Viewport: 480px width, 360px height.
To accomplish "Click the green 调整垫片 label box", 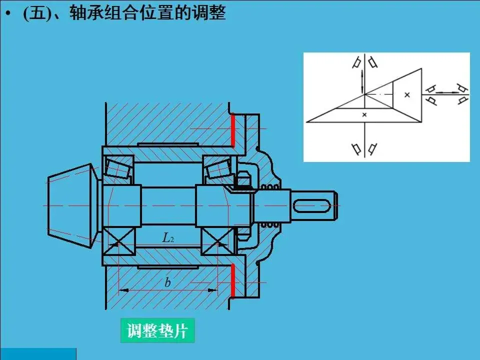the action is click(157, 330).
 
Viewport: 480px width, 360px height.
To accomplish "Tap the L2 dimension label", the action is click(168, 238).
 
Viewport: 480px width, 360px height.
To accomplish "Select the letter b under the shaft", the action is click(167, 282).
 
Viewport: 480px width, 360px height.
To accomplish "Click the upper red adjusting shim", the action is click(233, 130).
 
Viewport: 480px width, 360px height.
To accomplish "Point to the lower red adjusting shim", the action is click(233, 280).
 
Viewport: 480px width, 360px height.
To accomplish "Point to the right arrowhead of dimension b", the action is click(213, 290).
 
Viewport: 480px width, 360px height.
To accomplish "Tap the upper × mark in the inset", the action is click(407, 94).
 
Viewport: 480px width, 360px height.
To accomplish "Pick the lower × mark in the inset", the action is click(364, 115).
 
